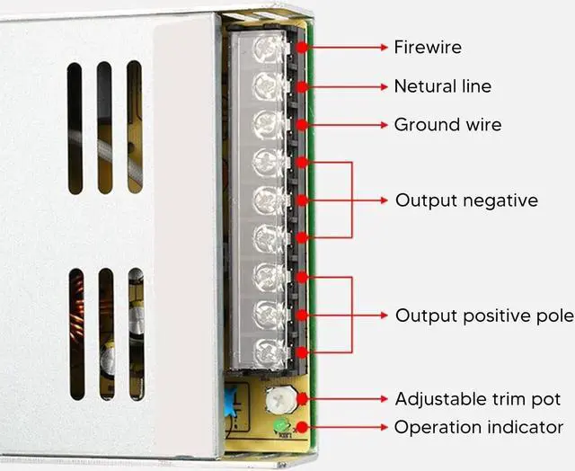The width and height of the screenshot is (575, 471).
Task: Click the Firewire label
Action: pyautogui.click(x=428, y=47)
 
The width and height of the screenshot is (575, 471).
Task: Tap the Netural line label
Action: pyautogui.click(x=443, y=86)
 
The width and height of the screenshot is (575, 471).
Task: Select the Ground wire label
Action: pyautogui.click(x=447, y=124)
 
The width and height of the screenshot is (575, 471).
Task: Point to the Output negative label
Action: pyautogui.click(x=466, y=200)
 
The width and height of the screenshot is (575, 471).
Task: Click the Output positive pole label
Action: pyautogui.click(x=484, y=315)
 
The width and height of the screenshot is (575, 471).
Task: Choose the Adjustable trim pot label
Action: pyautogui.click(x=478, y=398)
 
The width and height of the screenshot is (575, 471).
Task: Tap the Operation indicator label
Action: pyautogui.click(x=479, y=427)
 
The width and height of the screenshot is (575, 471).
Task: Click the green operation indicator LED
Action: pyautogui.click(x=280, y=426)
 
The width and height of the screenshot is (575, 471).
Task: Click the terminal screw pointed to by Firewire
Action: pyautogui.click(x=265, y=47)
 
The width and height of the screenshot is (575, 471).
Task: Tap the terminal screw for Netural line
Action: pyautogui.click(x=265, y=86)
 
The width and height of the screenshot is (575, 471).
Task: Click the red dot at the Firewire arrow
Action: pyautogui.click(x=302, y=47)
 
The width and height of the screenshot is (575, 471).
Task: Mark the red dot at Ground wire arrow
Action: pyautogui.click(x=302, y=124)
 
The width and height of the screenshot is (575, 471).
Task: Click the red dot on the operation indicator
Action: pyautogui.click(x=302, y=427)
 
